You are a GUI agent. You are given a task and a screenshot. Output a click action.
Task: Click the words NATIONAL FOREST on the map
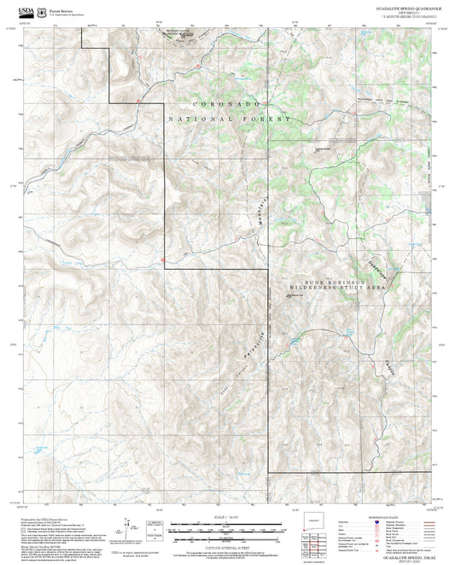(x=230, y=119)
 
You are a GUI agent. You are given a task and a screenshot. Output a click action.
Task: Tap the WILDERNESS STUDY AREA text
(x=337, y=288)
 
